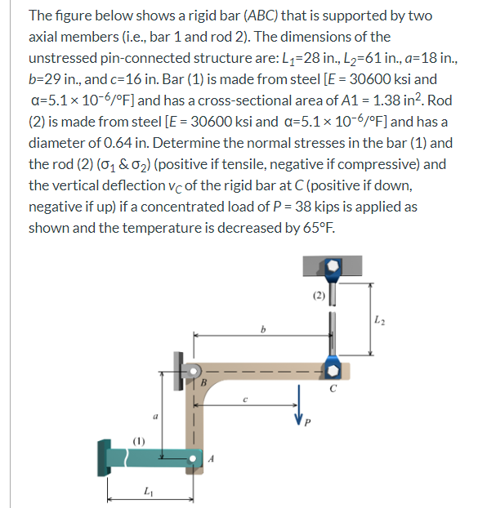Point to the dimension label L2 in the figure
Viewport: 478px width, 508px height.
coord(386,319)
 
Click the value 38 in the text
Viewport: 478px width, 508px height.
coord(324,207)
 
